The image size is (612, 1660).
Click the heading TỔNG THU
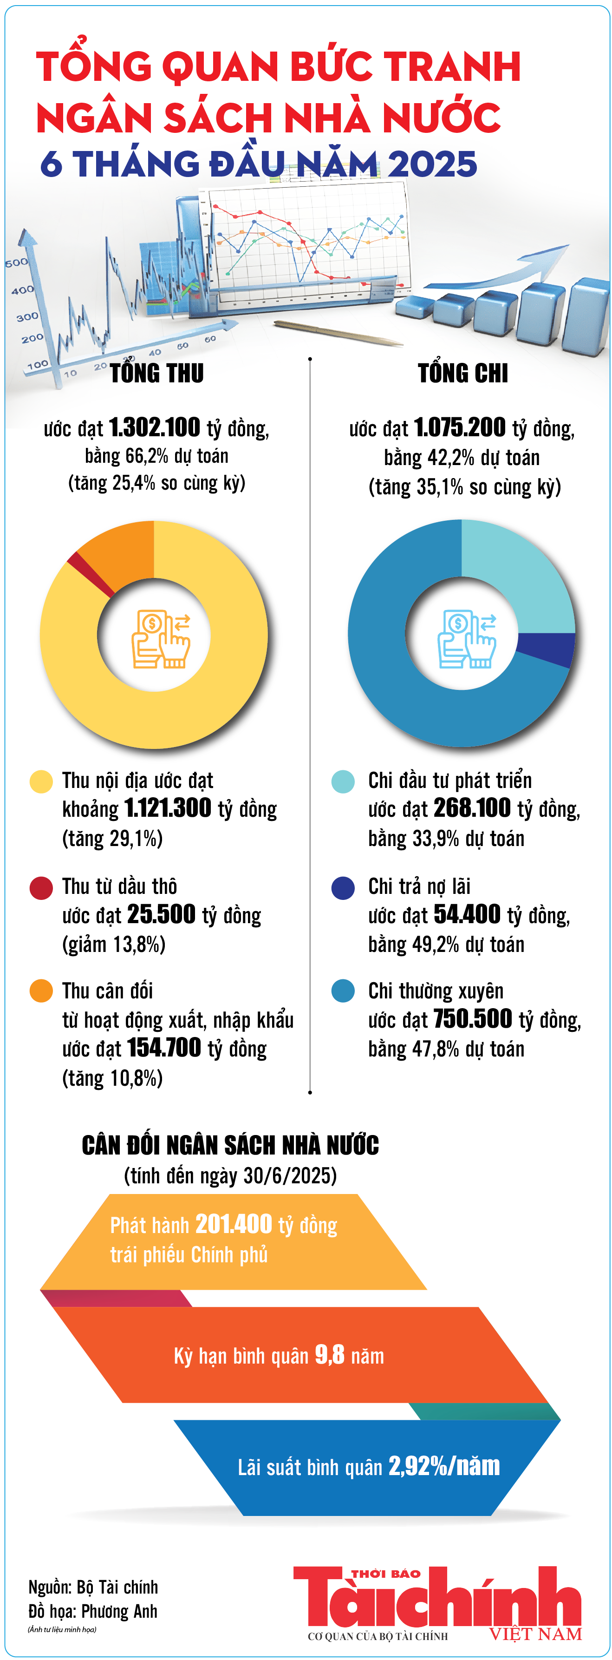(156, 373)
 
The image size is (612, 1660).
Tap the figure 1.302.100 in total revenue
(155, 427)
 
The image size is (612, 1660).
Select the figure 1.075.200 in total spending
(459, 427)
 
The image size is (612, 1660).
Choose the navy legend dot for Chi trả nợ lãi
(343, 887)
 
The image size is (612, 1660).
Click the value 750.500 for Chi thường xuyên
(472, 1019)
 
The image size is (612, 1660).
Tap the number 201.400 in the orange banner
(233, 1224)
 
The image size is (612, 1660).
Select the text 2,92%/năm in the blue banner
(444, 1466)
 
